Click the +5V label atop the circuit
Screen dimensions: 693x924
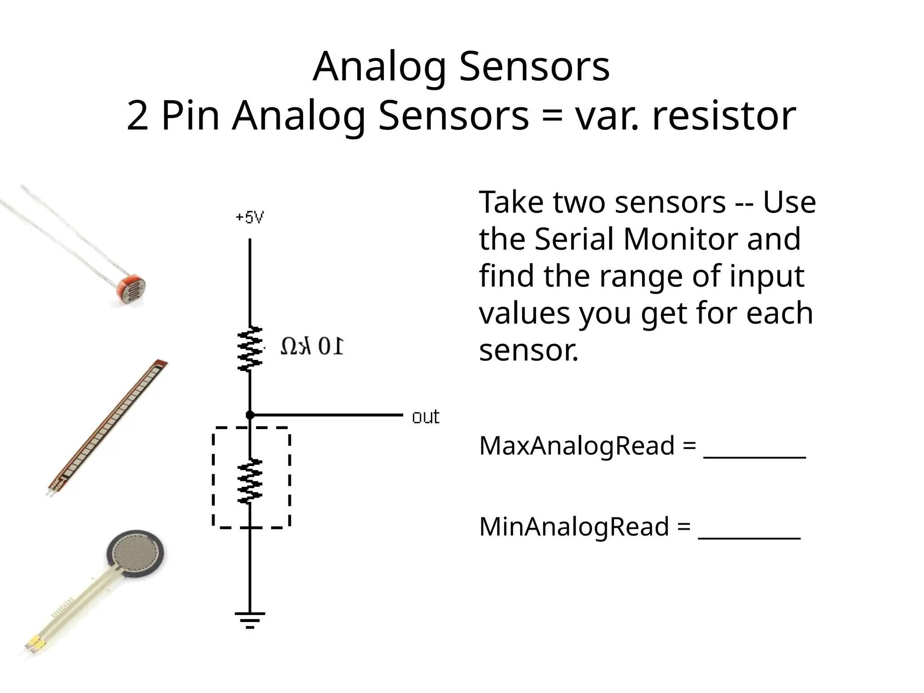[249, 218]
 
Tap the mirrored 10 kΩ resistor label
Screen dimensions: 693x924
[312, 346]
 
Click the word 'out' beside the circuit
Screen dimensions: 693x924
[425, 417]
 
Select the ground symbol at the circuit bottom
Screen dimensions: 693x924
[249, 620]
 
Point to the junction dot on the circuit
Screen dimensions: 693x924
[249, 415]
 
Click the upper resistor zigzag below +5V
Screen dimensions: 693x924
[249, 349]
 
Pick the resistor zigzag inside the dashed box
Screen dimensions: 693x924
[249, 481]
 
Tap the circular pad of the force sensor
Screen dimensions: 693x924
[136, 554]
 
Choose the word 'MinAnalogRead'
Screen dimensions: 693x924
[574, 527]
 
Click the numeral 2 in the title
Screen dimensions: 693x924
[138, 116]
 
